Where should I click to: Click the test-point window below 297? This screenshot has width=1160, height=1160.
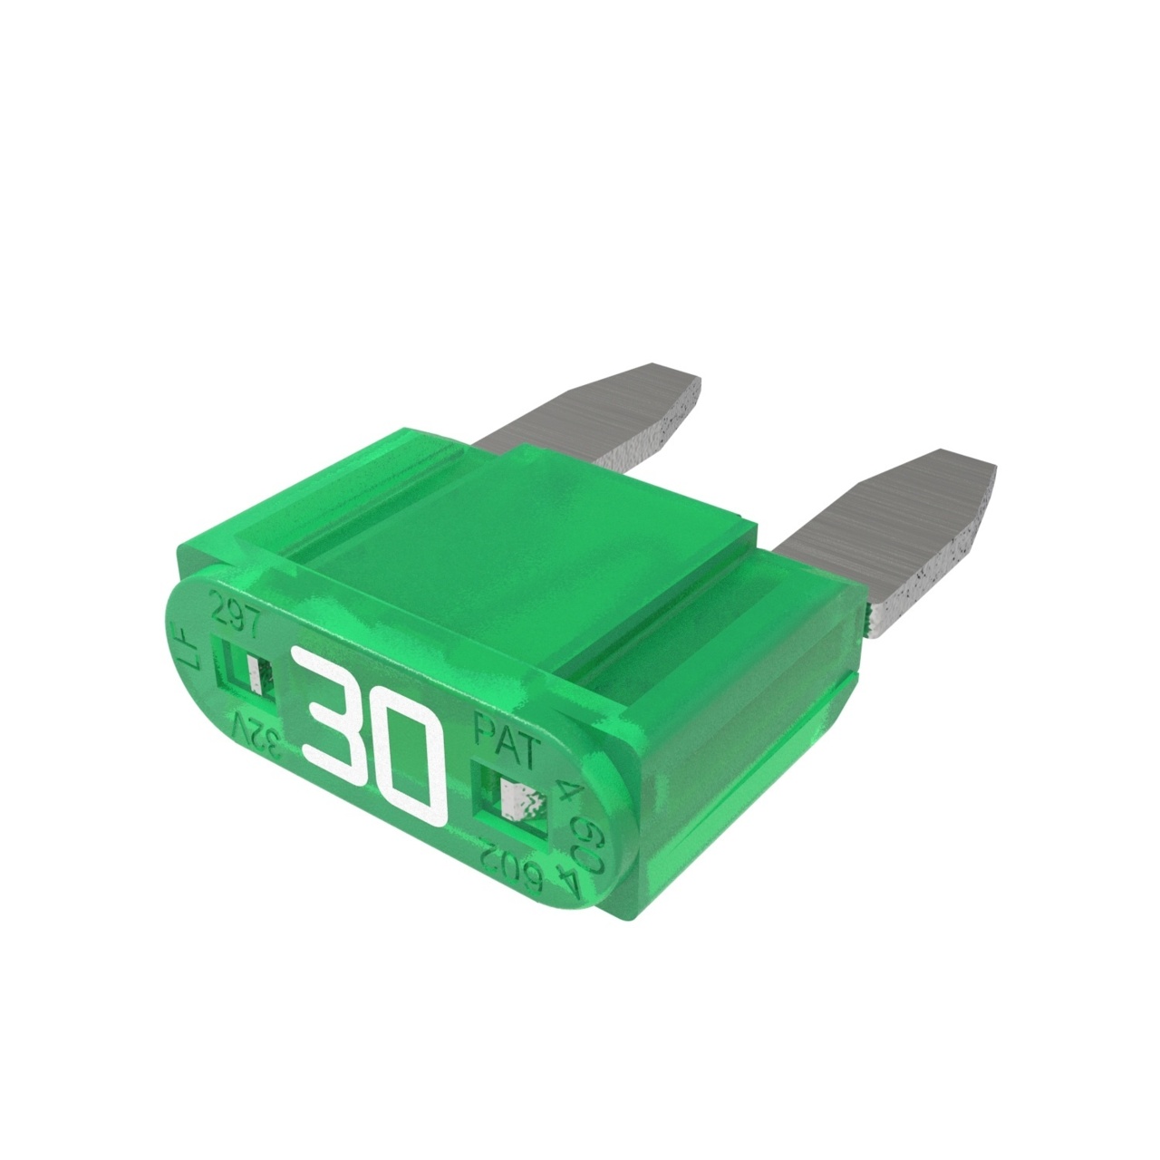tap(247, 671)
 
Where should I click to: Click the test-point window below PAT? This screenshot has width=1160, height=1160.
tap(514, 797)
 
